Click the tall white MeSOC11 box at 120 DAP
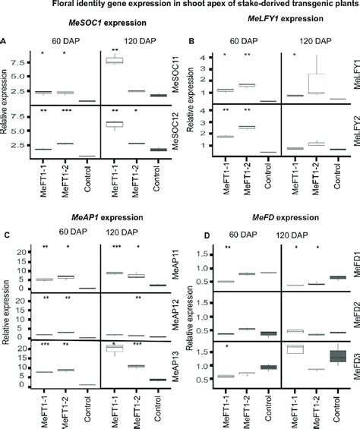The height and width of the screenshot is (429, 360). coord(116,60)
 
